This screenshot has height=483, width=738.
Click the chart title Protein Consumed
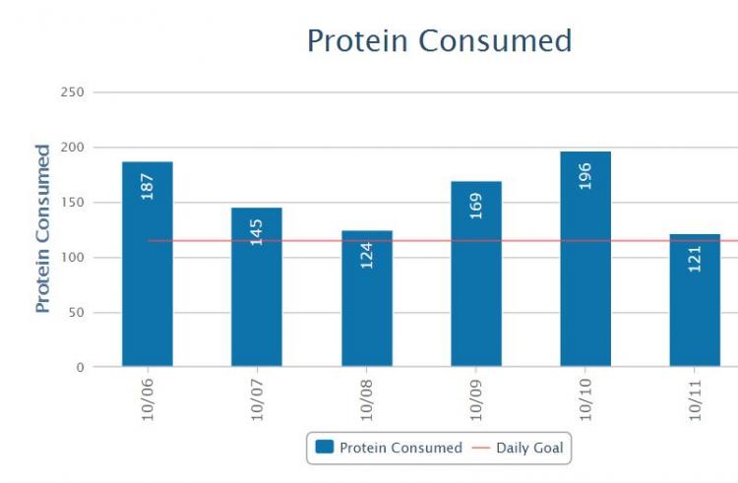point(439,41)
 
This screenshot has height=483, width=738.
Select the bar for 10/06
point(148,285)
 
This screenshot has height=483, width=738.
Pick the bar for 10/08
point(366,315)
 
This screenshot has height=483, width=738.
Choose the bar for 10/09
point(476,285)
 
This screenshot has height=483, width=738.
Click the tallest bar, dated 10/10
point(585,275)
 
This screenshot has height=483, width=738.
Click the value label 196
point(585,175)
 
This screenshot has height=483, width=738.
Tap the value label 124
point(366,255)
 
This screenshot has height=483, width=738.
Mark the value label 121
point(695,258)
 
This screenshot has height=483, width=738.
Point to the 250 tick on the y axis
point(74,92)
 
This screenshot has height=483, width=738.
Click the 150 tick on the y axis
point(74,203)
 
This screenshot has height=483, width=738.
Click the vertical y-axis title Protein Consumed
point(43,229)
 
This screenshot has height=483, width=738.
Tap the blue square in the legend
point(324,449)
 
